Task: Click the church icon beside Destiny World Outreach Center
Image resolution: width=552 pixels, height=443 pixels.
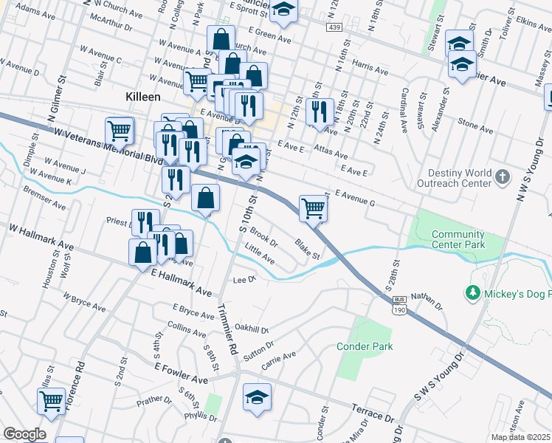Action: coord(502,176)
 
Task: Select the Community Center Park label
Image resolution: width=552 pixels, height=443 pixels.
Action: coord(458,239)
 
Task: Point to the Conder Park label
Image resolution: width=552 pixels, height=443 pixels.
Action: coord(365,346)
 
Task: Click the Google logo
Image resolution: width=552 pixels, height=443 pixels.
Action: coord(24,434)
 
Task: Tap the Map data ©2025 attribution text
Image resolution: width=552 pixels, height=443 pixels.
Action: coord(521,437)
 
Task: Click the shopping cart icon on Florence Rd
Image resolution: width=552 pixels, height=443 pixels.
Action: coord(51,401)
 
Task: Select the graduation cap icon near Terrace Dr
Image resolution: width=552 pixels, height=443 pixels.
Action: coord(256,397)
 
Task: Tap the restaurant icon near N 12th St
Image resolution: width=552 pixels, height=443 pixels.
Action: coord(320,111)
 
